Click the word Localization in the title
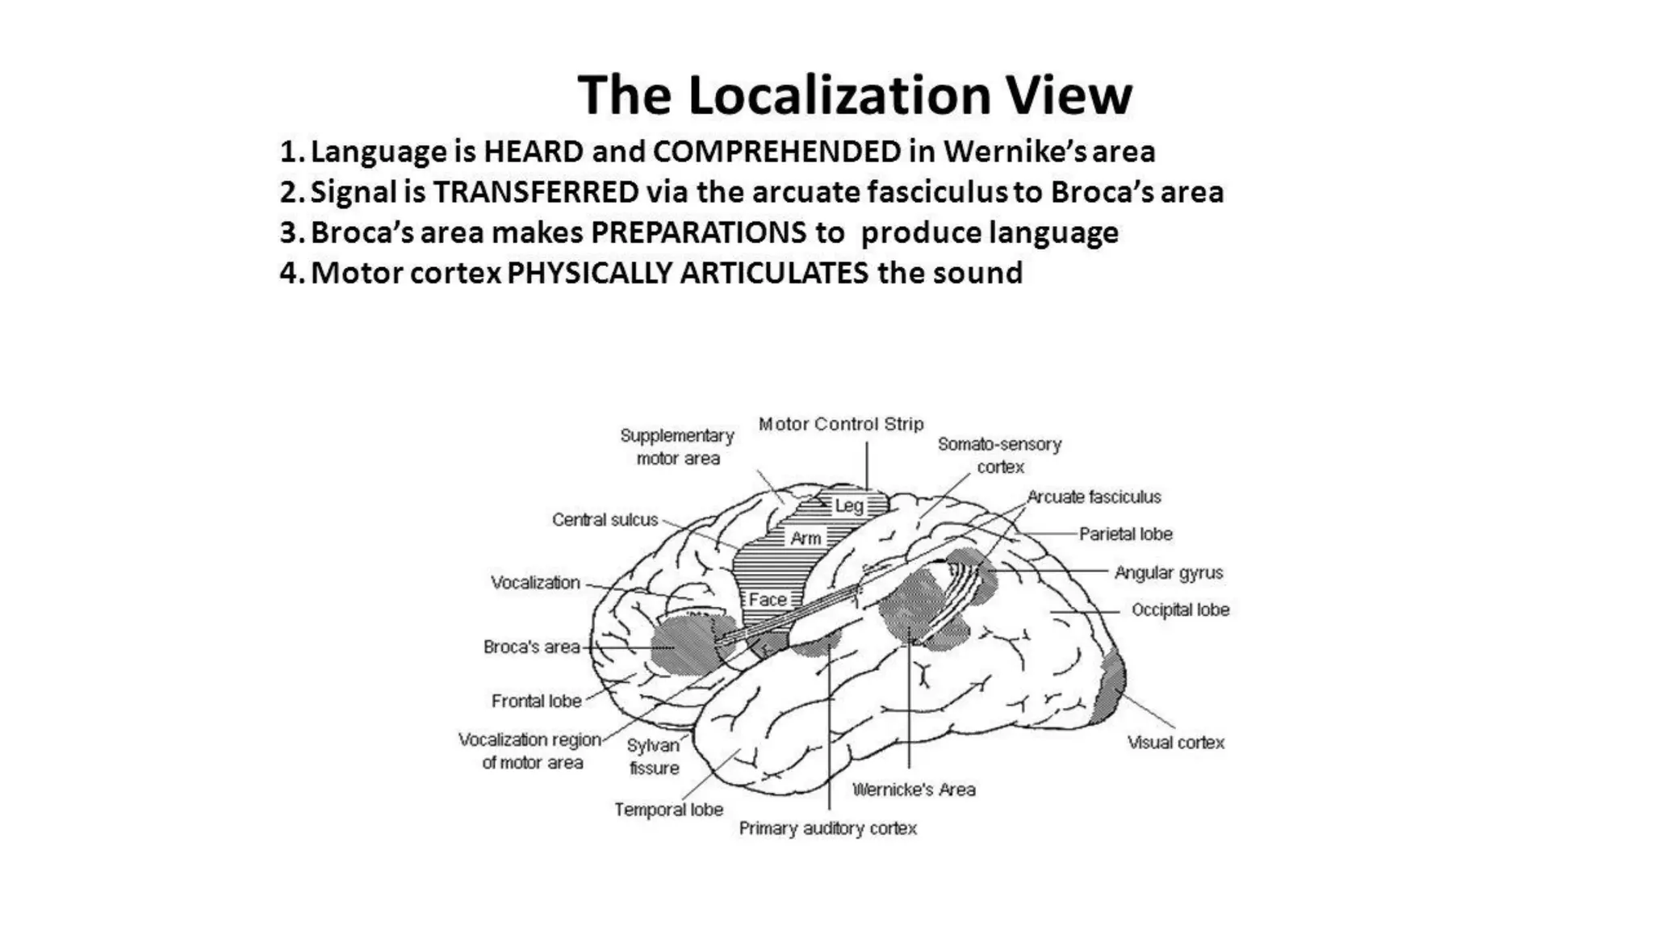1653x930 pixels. click(x=839, y=95)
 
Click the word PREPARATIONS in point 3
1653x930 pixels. click(x=698, y=232)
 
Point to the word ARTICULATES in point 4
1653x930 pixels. click(x=774, y=273)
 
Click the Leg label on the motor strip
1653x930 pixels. click(x=848, y=506)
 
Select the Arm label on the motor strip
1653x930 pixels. click(x=806, y=538)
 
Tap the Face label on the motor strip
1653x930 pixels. click(x=767, y=599)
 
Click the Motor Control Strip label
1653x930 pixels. click(x=840, y=424)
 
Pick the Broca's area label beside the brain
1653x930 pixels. click(x=531, y=647)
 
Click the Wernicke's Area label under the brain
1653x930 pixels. click(x=914, y=790)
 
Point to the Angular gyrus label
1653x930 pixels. click(x=1168, y=572)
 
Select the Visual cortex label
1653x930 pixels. click(x=1175, y=743)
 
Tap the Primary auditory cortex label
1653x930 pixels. click(x=827, y=828)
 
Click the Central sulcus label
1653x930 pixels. click(x=605, y=520)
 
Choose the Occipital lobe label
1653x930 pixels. click(x=1180, y=610)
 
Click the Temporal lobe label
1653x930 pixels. click(x=668, y=809)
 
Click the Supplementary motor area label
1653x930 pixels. click(x=677, y=446)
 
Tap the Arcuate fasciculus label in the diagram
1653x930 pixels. click(x=1094, y=496)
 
